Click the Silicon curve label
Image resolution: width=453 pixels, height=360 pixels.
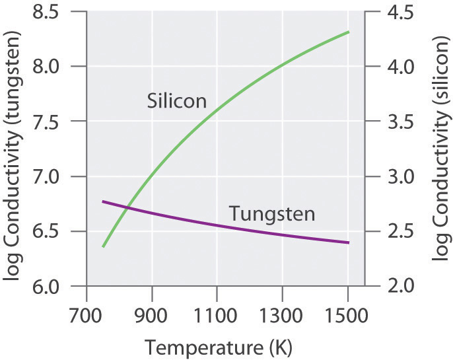176,101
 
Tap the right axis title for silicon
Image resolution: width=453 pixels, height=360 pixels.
440,149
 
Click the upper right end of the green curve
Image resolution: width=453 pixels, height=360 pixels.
348,32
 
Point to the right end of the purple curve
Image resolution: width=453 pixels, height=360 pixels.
348,243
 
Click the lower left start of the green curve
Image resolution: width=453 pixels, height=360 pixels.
103,246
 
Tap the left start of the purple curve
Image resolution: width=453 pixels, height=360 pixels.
103,201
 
